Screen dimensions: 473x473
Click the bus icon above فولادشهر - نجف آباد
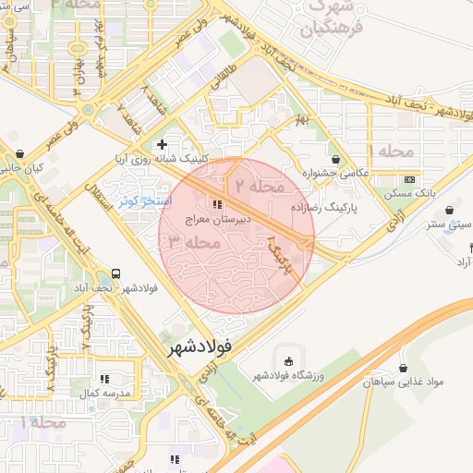(x=116, y=273)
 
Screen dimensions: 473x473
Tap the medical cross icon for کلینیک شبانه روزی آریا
(x=163, y=144)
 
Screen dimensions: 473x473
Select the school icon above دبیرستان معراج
(x=217, y=204)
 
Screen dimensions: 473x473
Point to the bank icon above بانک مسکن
(x=409, y=178)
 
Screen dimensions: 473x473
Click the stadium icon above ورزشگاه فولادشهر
(x=290, y=361)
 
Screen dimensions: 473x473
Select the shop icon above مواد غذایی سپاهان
(x=403, y=367)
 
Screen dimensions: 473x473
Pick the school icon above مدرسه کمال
(x=104, y=379)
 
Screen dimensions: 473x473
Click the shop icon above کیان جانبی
(x=20, y=153)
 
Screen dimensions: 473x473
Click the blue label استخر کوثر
(x=142, y=200)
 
